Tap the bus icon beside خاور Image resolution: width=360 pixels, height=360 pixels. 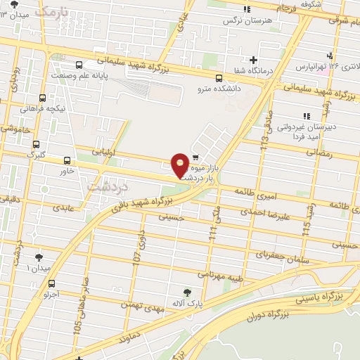point(67,160)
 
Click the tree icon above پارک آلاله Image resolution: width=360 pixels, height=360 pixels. point(186,292)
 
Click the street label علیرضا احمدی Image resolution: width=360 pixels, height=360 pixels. point(264,212)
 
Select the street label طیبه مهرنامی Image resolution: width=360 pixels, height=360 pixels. point(220,275)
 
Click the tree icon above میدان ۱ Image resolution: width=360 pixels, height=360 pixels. point(38,257)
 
